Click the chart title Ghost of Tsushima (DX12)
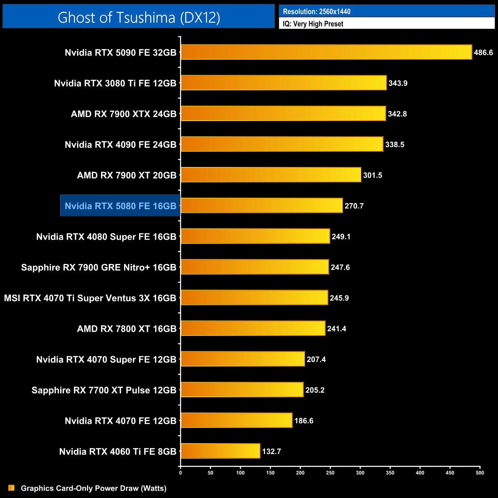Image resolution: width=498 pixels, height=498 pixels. coord(139,17)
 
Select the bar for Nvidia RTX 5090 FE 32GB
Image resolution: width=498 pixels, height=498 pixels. coord(326,52)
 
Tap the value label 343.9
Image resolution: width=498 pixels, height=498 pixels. coord(398,83)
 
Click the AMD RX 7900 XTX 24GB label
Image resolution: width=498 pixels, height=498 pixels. coord(123,114)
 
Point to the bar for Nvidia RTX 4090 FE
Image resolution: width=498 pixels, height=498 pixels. coord(282,144)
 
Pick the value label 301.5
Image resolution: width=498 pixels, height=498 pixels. coord(372,175)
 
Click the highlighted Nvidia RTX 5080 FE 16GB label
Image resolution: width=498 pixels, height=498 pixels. coord(120,206)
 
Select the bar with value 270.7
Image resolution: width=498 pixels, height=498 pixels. coord(262,205)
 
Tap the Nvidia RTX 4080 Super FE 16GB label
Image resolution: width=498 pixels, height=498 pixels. coord(106,237)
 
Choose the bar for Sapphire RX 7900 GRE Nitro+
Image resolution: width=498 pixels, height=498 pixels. coord(255,267)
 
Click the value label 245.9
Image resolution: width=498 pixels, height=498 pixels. coord(339,298)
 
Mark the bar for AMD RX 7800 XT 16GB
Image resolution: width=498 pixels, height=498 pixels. coord(253,328)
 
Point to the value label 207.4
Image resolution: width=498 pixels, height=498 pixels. coord(316,359)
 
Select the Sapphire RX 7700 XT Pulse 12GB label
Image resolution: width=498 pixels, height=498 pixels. coord(104,390)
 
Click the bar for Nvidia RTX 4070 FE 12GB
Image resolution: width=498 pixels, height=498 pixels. coord(236,420)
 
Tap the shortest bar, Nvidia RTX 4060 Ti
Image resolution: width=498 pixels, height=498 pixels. coord(220,451)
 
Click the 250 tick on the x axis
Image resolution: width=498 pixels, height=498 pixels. coord(330,473)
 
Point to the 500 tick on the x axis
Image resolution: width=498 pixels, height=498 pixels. coord(480,473)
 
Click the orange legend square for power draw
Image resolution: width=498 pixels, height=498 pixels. coord(11,488)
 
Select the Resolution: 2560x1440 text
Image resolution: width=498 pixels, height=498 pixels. coord(316,11)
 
